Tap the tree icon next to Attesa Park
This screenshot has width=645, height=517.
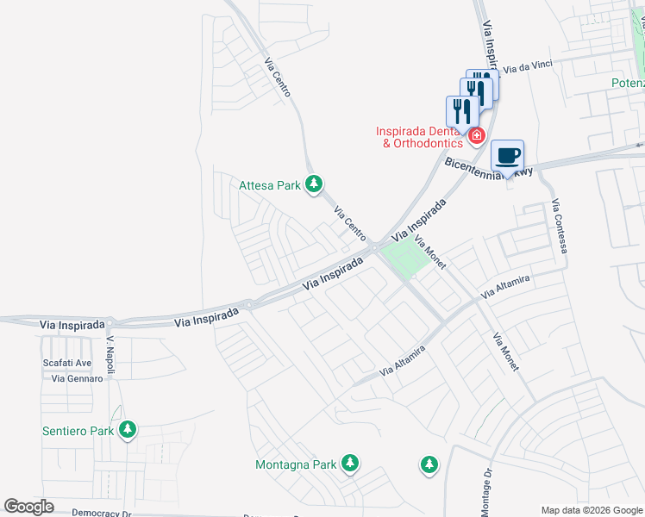(315, 184)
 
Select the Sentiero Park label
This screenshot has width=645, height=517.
(78, 430)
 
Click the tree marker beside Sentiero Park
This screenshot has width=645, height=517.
(128, 429)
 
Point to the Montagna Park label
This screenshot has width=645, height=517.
(296, 464)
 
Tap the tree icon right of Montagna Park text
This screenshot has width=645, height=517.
(350, 464)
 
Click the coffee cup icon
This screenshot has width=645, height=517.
(508, 155)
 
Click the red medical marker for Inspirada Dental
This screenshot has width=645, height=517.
(476, 135)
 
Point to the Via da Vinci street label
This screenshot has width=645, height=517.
(528, 66)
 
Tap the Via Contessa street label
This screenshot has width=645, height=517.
(560, 226)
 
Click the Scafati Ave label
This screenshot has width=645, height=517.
(67, 364)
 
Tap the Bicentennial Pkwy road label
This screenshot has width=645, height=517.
(489, 168)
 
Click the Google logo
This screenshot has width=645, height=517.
(28, 507)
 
